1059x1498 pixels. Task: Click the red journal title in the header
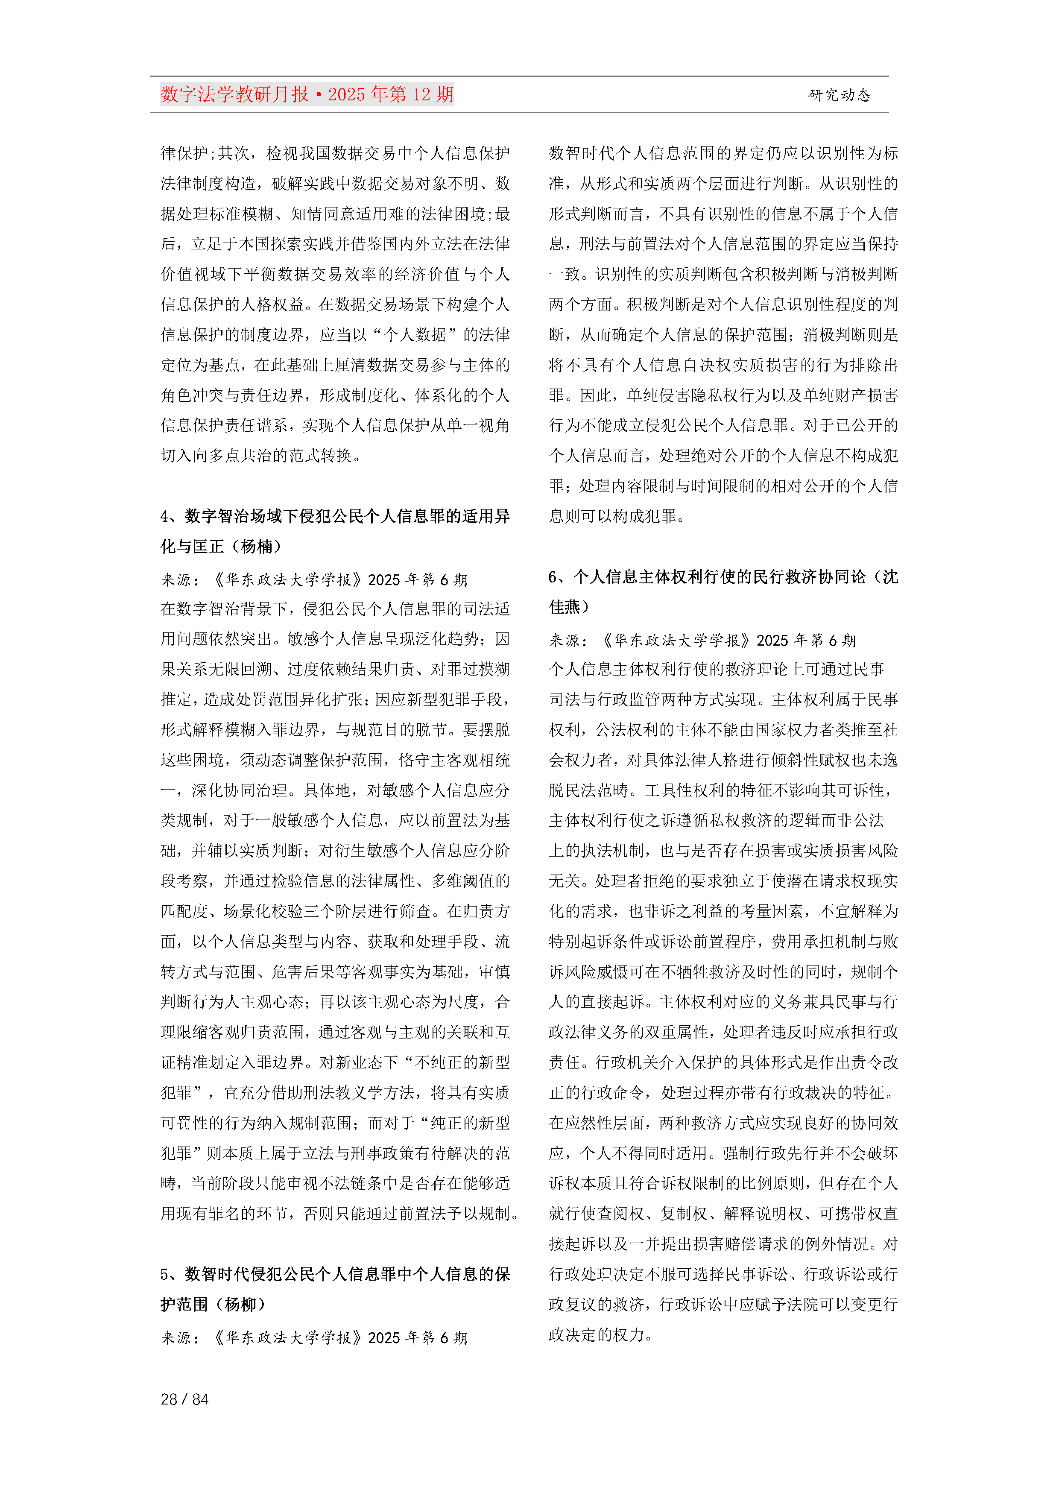coord(307,95)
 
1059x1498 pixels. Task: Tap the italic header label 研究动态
coord(839,95)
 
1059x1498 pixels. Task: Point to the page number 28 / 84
coord(184,1399)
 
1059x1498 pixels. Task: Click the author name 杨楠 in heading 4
coord(257,546)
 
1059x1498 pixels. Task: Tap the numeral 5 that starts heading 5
coord(165,1274)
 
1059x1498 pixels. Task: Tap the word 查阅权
coord(620,1214)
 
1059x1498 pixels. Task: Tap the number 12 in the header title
coord(421,95)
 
